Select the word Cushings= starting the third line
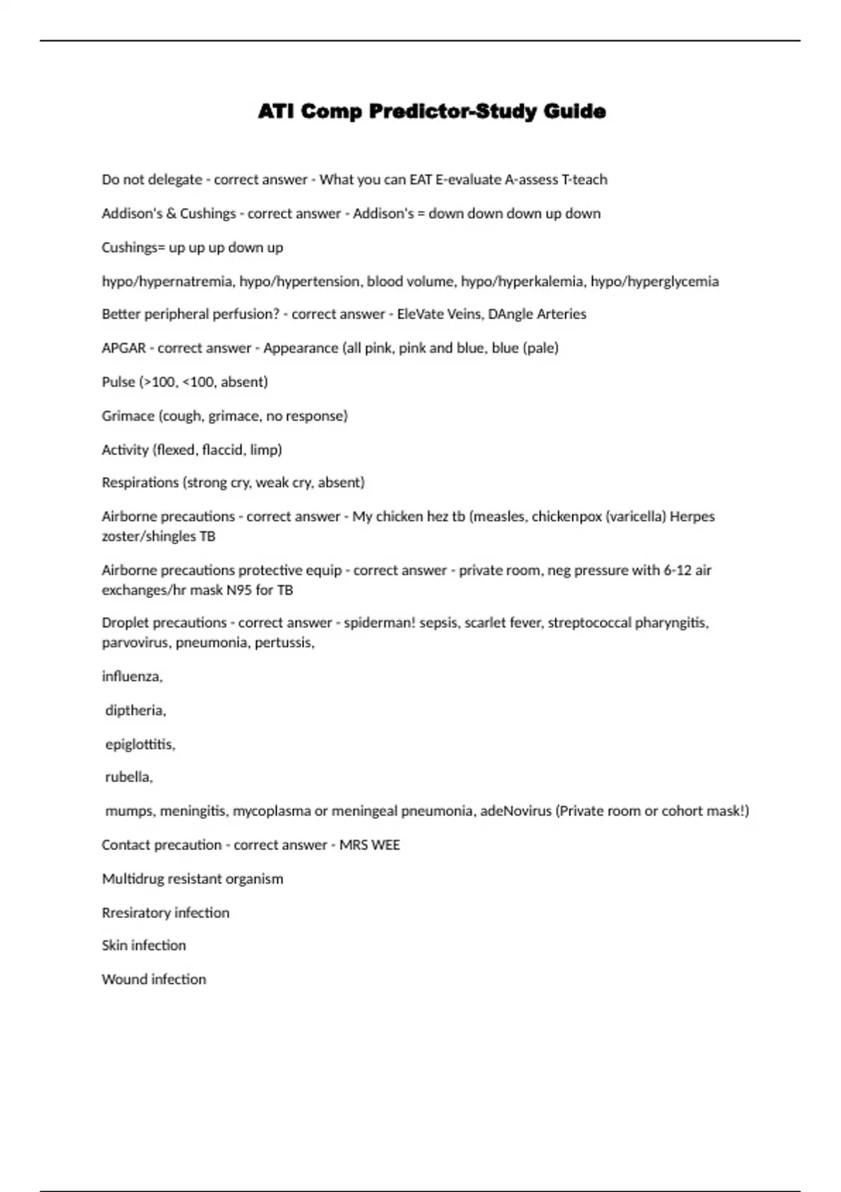click(132, 248)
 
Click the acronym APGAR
click(123, 348)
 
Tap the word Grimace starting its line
click(128, 416)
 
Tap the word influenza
click(132, 677)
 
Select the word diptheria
click(135, 710)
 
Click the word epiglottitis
click(139, 744)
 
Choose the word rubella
click(128, 777)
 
